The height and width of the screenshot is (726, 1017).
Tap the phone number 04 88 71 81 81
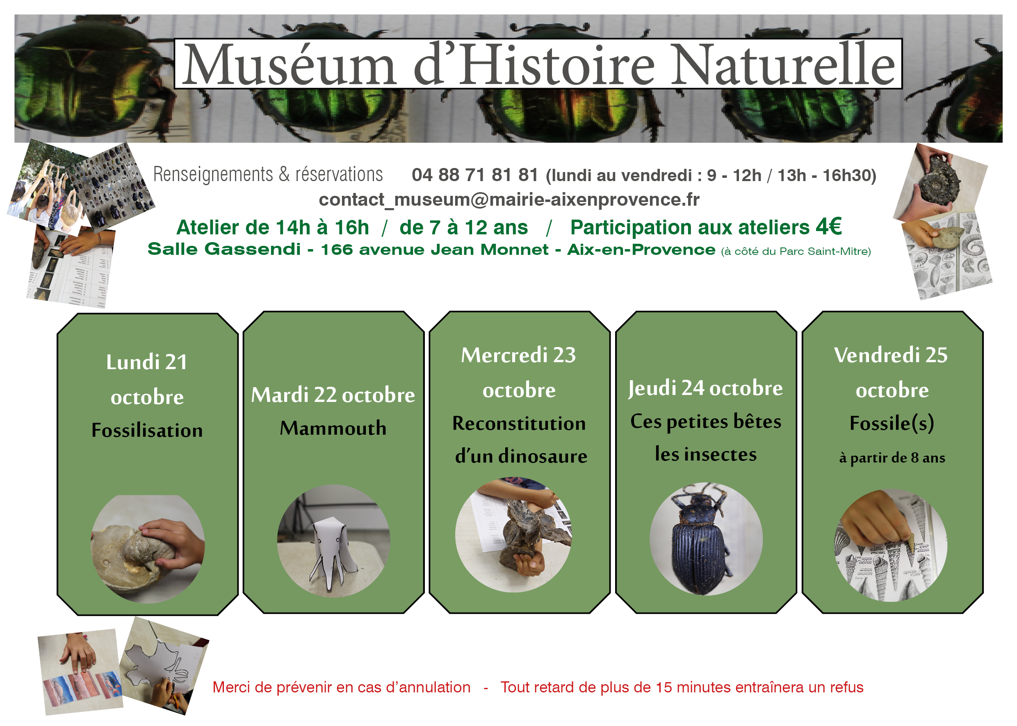475,175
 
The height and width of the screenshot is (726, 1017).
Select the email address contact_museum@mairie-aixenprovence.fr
509,200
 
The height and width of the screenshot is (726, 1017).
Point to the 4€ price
829,226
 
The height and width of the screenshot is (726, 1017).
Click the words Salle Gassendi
224,249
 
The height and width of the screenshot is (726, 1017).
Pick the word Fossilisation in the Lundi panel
147,430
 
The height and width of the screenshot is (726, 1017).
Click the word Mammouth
333,428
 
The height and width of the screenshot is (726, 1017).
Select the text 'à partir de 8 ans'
892,458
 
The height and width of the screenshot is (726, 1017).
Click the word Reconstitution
519,423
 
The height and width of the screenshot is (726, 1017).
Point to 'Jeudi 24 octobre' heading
706,388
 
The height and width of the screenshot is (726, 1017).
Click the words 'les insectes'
706,454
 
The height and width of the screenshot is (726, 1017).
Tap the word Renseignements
213,175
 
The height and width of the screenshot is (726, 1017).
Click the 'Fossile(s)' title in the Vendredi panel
892,423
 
